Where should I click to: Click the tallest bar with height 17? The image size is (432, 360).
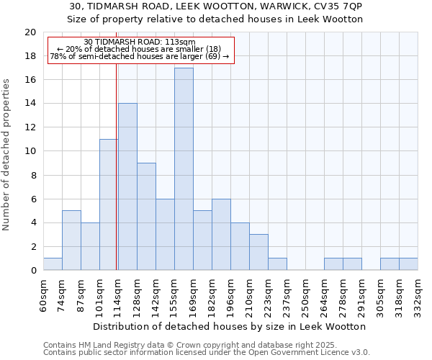[184, 169]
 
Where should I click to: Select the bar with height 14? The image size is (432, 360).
[127, 187]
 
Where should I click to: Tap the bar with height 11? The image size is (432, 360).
[109, 204]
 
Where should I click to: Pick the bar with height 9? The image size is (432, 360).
[146, 217]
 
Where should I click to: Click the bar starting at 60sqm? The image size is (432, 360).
[53, 264]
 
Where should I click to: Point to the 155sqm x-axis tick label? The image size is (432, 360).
[175, 293]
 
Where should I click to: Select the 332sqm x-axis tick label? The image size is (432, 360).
[418, 293]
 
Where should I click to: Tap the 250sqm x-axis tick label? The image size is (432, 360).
[306, 293]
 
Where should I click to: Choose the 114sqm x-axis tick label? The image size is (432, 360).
[119, 293]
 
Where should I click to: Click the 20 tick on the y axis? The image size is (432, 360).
[30, 32]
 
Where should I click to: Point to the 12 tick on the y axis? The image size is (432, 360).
[30, 127]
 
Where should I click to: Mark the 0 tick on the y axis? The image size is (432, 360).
[32, 271]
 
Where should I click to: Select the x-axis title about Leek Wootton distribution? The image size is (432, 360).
[230, 326]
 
